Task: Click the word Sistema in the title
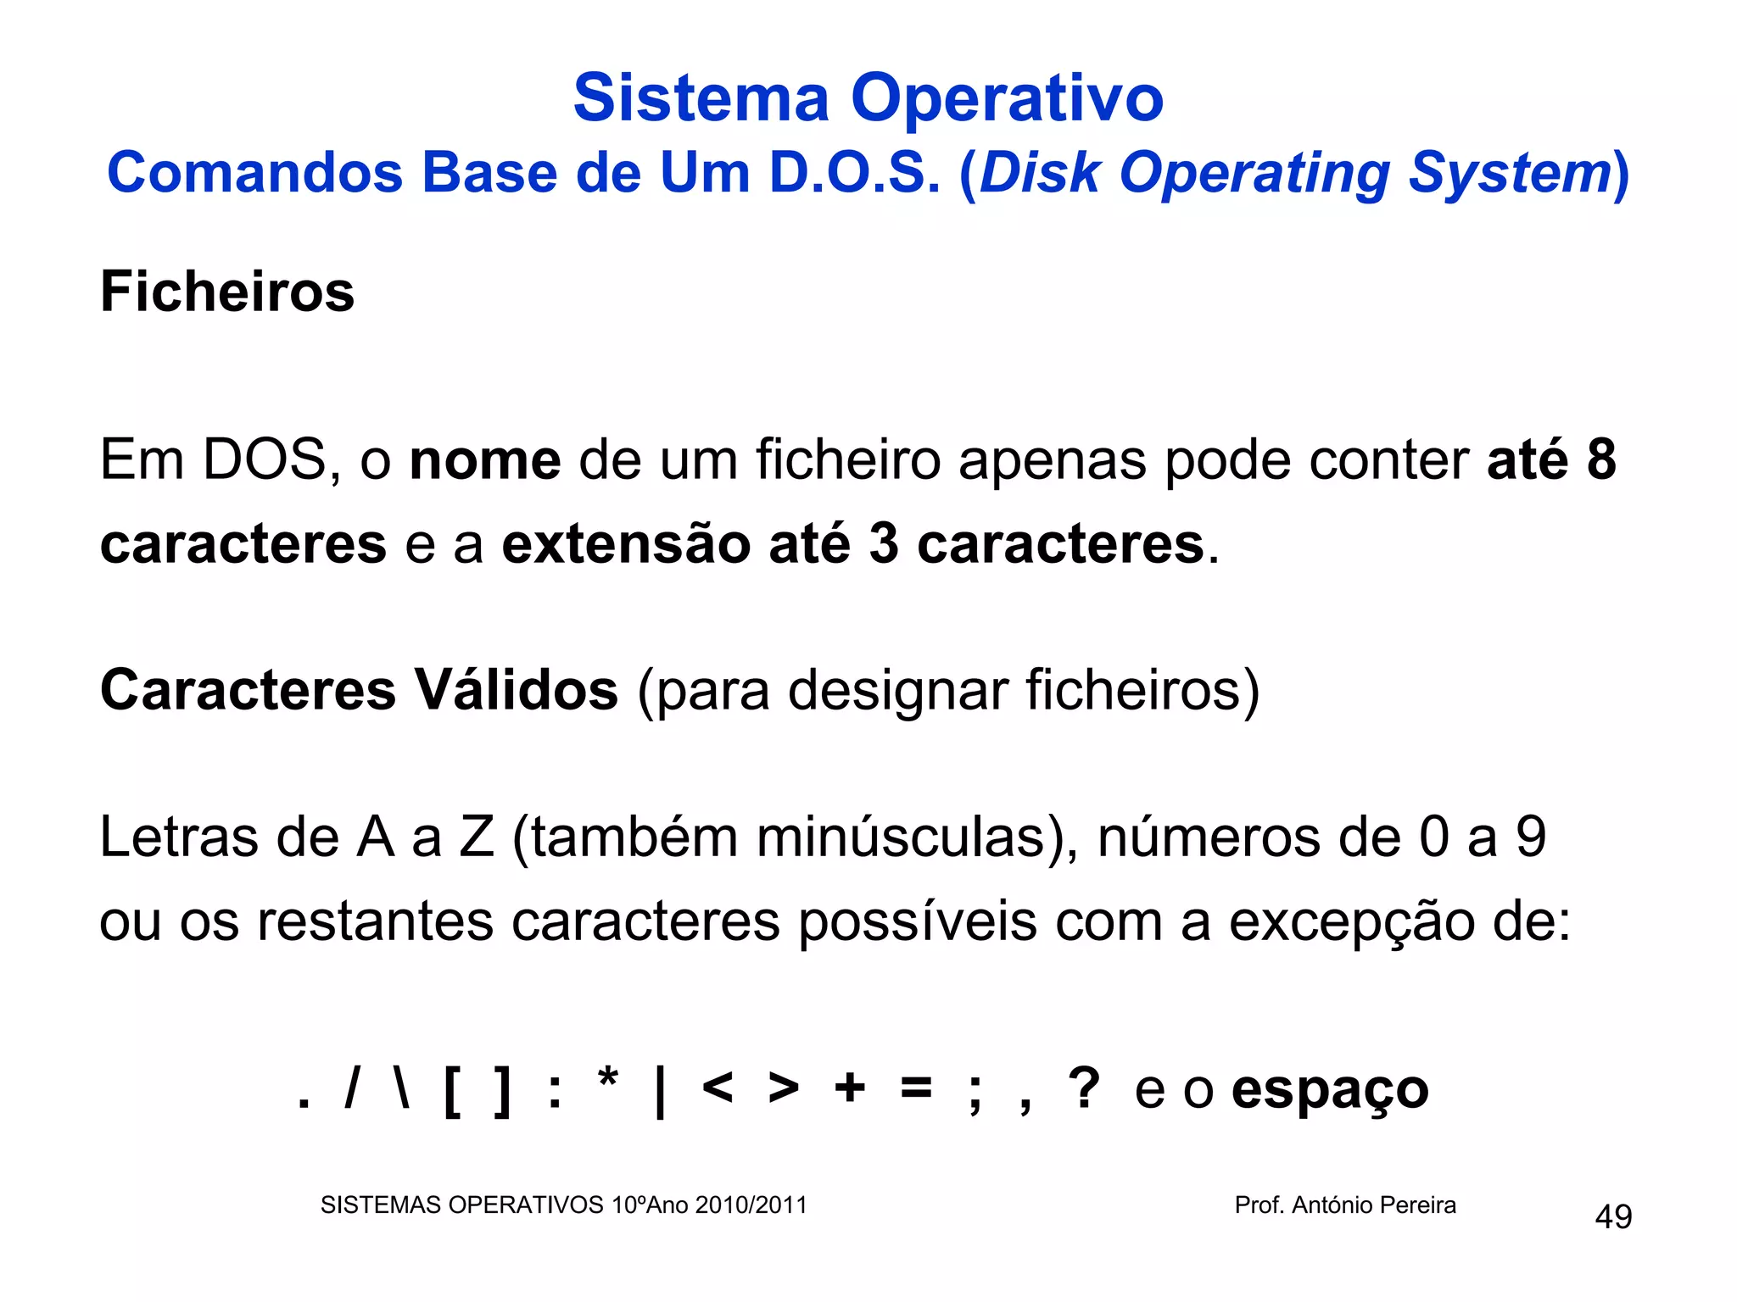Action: [701, 98]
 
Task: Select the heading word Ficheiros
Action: [227, 292]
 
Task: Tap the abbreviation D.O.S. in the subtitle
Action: [855, 173]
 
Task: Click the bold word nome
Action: [485, 460]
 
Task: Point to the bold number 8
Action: [1601, 460]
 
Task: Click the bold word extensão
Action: [626, 543]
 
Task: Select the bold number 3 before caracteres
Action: [884, 543]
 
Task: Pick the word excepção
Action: [1352, 921]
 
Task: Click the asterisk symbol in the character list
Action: [608, 1082]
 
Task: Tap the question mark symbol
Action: [1084, 1088]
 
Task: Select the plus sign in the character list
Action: [850, 1088]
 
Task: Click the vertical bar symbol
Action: [661, 1092]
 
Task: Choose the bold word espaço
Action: [1330, 1090]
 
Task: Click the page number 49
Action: [1613, 1217]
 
